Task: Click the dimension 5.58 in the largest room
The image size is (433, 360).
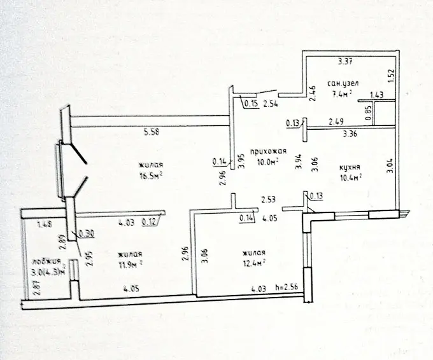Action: click(150, 132)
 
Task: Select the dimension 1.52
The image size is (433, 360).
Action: click(392, 76)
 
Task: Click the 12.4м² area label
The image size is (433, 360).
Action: click(253, 261)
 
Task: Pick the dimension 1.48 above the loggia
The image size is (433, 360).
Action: click(44, 224)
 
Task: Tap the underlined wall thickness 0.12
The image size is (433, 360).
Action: click(150, 223)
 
